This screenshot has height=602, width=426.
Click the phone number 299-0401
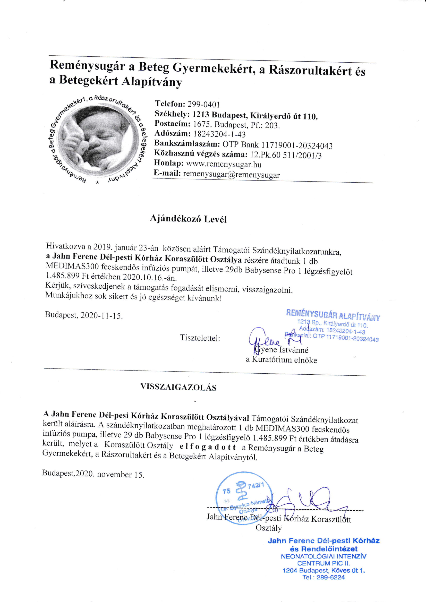point(203,105)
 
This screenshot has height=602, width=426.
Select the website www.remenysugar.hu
point(224,164)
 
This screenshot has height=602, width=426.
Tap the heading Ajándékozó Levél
point(188,219)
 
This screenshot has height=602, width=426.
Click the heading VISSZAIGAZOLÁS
point(178,387)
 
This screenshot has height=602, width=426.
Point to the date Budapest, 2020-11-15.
point(84,315)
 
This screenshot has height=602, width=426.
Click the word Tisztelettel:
point(200,338)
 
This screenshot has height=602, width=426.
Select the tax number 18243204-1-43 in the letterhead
point(219,134)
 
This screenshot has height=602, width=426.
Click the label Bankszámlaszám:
point(187,143)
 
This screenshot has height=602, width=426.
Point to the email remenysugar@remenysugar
point(231,174)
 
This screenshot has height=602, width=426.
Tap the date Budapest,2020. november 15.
point(93,474)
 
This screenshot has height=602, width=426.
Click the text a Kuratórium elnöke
point(282,360)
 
